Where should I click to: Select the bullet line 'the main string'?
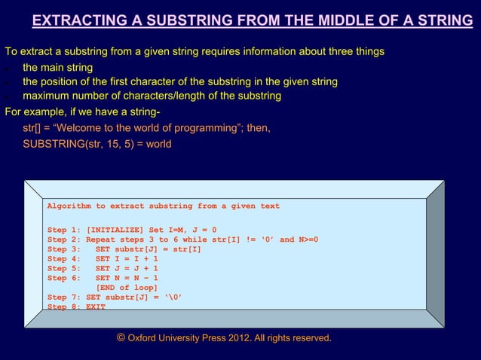pos(57,68)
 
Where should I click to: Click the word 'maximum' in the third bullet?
pos(47,96)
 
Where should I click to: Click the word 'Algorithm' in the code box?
pos(71,206)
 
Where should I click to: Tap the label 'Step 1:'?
pos(63,230)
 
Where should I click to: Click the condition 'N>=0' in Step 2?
pos(308,239)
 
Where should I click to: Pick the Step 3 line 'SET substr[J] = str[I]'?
pos(148,249)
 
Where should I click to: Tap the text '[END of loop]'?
pos(127,288)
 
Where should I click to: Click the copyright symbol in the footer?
pos(121,337)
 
